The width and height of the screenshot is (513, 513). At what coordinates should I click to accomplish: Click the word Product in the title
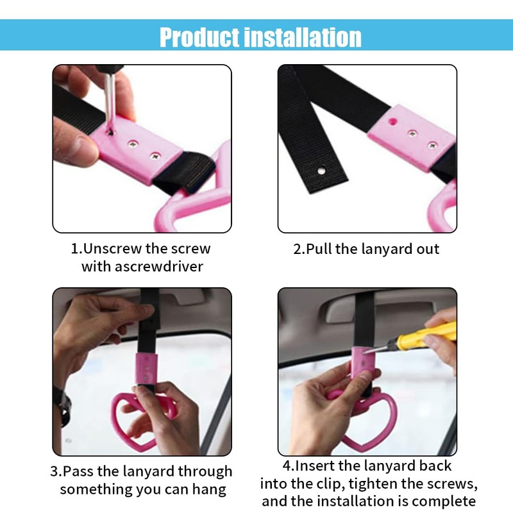tap(199, 37)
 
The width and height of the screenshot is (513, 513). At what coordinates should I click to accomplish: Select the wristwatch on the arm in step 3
tap(62, 404)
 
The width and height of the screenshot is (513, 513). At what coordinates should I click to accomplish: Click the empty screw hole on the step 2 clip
tap(391, 120)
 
